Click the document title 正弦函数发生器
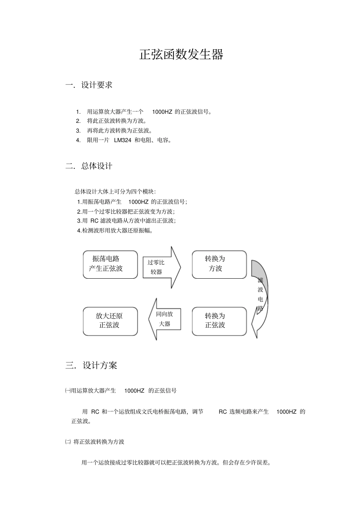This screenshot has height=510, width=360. point(181,55)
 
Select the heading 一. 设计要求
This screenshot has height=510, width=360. point(89,85)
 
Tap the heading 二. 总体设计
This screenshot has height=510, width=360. point(89,166)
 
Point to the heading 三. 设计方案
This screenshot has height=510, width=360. point(91,366)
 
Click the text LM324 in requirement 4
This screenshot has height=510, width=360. point(122,140)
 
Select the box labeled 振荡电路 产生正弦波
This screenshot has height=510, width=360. point(110,264)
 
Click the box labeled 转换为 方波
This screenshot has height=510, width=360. point(219,264)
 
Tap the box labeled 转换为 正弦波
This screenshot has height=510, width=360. point(219,321)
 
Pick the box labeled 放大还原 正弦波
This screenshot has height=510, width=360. point(110,321)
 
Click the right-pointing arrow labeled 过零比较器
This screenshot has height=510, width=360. point(161,267)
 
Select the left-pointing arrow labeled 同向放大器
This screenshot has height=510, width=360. point(163,319)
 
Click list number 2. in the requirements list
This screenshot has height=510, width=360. point(78,121)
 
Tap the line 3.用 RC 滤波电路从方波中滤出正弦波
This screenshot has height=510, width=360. point(126,221)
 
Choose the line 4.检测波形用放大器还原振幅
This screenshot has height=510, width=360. point(115,230)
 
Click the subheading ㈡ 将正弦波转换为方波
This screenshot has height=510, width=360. point(95,442)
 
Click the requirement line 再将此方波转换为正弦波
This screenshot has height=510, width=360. point(119,131)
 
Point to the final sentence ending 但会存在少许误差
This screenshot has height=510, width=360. point(176,463)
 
